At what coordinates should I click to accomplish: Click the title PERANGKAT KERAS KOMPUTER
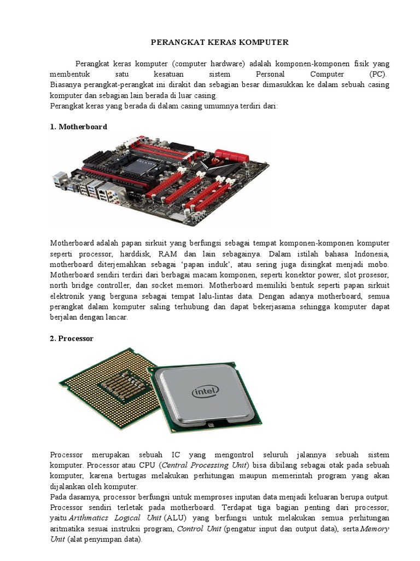(219, 42)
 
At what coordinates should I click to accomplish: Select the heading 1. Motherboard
(78, 127)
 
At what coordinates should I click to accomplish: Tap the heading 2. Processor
(72, 339)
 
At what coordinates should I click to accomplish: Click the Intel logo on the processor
(205, 391)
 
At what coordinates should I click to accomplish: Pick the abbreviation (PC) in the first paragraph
(377, 74)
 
